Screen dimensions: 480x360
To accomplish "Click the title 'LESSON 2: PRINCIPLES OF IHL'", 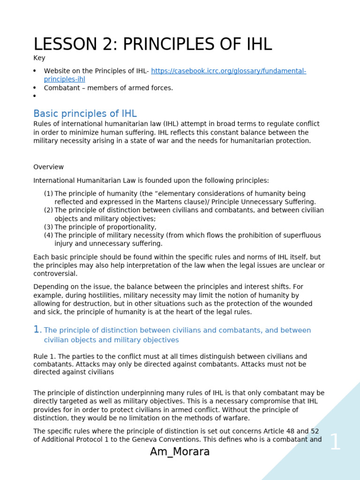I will tap(152, 44).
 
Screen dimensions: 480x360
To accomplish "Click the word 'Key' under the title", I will tap(39, 58).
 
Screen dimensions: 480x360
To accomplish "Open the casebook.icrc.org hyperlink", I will tap(228, 71).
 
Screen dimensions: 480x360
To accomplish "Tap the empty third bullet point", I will tap(35, 97).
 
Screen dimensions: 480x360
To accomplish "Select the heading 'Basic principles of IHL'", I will tap(85, 114).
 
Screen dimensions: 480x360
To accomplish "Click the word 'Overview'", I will tap(48, 167).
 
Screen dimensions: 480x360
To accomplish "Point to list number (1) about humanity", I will tap(48, 194).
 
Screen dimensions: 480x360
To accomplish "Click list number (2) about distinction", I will tap(48, 210).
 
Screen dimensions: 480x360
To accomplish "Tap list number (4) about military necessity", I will tap(48, 236).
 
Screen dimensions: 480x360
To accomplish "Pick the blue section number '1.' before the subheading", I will tap(37, 330).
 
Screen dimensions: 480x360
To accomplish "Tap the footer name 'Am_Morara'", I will tap(180, 452).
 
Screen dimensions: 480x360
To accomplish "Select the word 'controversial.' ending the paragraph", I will tap(55, 274).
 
